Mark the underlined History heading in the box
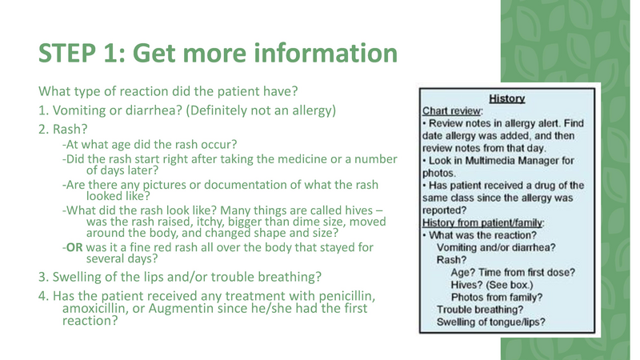click(x=506, y=98)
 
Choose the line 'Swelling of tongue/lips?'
click(x=491, y=322)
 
